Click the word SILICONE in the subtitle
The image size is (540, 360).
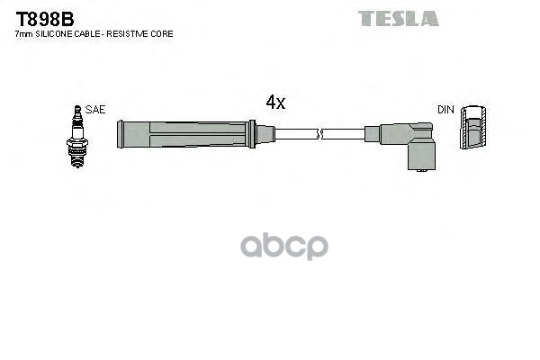pos(57,33)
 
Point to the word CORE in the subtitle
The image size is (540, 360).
pos(163,33)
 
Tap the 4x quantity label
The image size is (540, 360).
pos(275,103)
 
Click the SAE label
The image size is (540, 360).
pos(96,109)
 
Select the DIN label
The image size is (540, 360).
pos(445,109)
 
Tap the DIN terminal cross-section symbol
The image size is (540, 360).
pos(473,130)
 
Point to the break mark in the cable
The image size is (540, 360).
pos(319,135)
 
